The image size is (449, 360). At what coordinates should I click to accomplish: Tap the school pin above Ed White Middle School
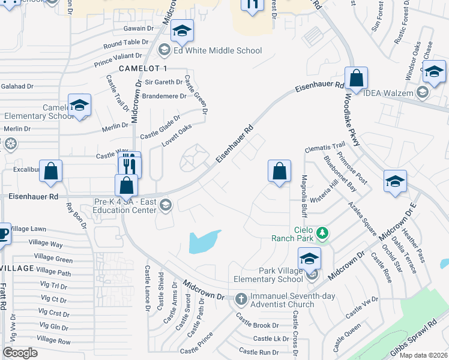pyautogui.click(x=181, y=31)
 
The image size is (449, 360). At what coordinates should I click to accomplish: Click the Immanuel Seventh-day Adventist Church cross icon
pyautogui.click(x=241, y=299)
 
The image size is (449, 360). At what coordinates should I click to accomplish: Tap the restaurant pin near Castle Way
pyautogui.click(x=129, y=163)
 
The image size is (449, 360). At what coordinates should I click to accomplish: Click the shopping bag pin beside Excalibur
pyautogui.click(x=52, y=172)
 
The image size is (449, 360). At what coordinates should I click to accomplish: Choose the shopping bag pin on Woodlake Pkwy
pyautogui.click(x=356, y=79)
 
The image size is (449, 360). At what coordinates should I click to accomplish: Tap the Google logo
pyautogui.click(x=20, y=352)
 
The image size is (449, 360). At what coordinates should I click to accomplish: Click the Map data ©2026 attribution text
pyautogui.click(x=423, y=355)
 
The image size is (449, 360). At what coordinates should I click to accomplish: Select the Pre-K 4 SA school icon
pyautogui.click(x=166, y=205)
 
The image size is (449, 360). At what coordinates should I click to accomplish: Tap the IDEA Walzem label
pyautogui.click(x=388, y=93)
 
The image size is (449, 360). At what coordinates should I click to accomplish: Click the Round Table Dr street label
pyautogui.click(x=125, y=43)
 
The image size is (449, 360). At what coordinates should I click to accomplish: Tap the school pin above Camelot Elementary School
pyautogui.click(x=79, y=106)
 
